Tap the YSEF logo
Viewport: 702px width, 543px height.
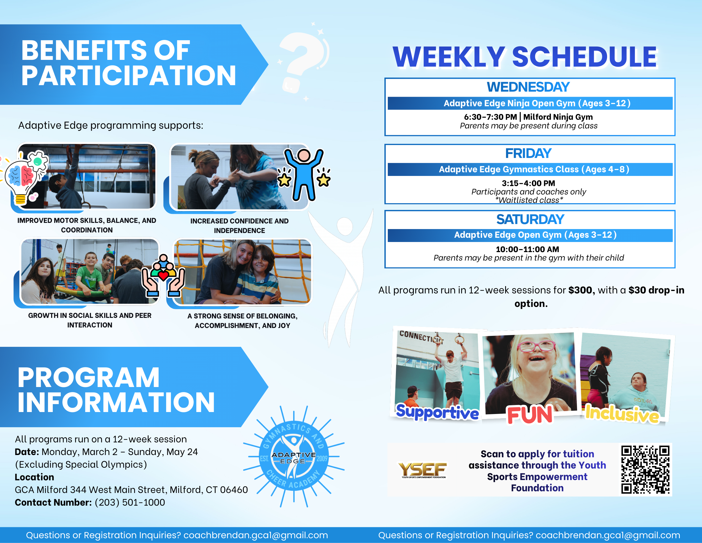click(x=423, y=470)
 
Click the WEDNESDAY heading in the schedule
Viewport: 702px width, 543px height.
click(x=528, y=87)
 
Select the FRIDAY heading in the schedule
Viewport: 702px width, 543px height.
click(x=528, y=153)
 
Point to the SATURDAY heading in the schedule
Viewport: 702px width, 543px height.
click(x=530, y=220)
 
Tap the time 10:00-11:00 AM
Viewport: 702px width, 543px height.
click(x=527, y=249)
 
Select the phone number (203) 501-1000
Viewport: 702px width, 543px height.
click(x=130, y=502)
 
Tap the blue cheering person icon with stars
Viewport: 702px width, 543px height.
click(x=304, y=175)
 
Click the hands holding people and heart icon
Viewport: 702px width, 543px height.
click(x=163, y=276)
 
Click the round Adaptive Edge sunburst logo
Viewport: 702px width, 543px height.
click(x=294, y=456)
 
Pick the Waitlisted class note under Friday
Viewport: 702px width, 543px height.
click(x=529, y=200)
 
